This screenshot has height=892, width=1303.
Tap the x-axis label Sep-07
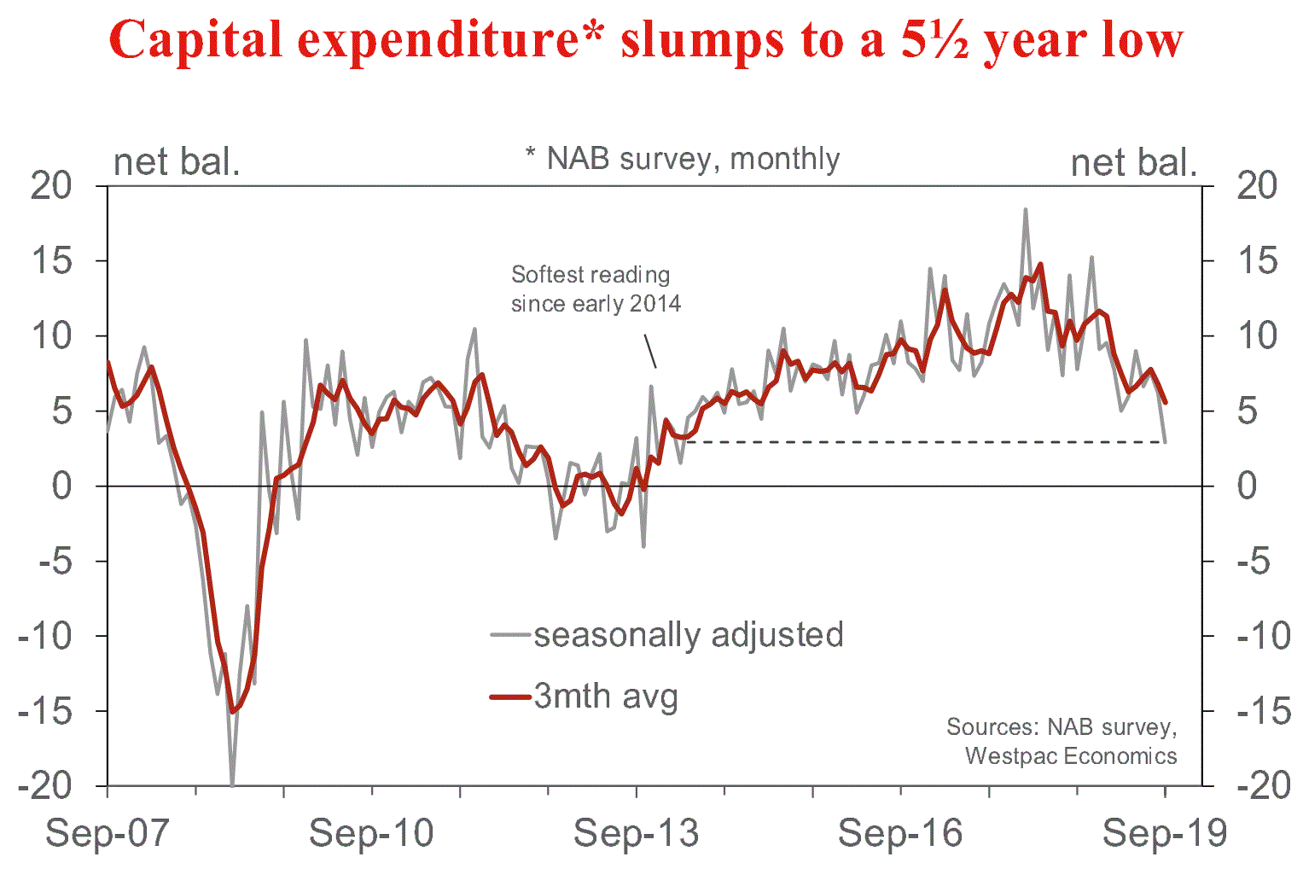tap(108, 832)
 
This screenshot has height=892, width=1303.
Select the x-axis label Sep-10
tap(371, 832)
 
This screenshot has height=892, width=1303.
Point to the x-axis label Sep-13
tap(636, 832)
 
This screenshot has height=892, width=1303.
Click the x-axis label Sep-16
tap(900, 832)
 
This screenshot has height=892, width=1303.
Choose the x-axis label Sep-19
tap(1165, 832)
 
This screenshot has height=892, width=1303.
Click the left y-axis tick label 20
tap(52, 185)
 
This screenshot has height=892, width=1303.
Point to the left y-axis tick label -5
tap(52, 561)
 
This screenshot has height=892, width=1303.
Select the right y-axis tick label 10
tap(1258, 335)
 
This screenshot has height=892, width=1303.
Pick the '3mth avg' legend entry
tap(606, 697)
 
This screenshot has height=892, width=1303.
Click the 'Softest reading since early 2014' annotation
tap(596, 289)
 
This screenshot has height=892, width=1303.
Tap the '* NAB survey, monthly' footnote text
tap(683, 159)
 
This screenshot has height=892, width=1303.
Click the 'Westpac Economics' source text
tap(1071, 756)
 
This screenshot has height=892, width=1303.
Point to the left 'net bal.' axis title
tap(177, 162)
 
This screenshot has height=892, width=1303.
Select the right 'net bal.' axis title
tap(1134, 162)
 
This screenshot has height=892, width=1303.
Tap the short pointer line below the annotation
tap(650, 351)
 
